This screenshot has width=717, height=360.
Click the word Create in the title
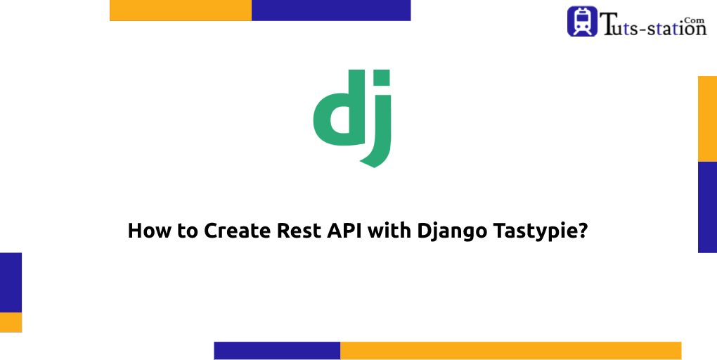tap(234, 231)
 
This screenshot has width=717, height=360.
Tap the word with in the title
tap(382, 231)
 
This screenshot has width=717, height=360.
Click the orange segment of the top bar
tap(181, 10)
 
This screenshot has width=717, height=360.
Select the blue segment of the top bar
tap(331, 10)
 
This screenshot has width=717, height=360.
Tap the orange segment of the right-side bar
tap(707, 118)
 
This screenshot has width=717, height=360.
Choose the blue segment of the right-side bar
tap(707, 207)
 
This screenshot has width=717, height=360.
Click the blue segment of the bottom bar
tap(277, 350)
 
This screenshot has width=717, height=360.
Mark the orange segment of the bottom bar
tap(510, 350)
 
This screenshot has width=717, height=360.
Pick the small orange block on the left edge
tap(11, 322)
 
